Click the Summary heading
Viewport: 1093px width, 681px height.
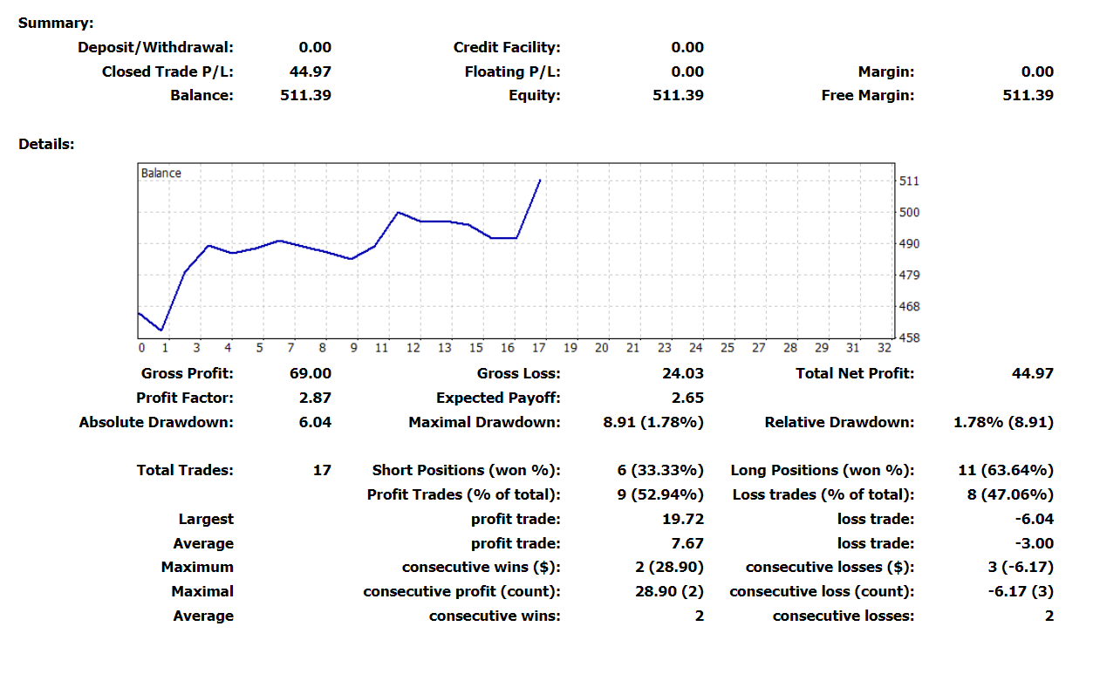(56, 24)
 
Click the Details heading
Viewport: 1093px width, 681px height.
(46, 145)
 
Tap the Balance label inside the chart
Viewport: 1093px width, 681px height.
(161, 174)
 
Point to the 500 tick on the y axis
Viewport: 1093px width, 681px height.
(909, 213)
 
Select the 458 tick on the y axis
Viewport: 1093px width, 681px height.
(909, 338)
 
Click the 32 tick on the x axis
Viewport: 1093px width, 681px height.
(884, 349)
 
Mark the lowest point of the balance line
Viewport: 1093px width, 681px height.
(161, 330)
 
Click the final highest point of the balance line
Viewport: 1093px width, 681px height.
(541, 180)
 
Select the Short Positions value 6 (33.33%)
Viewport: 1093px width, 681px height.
(659, 471)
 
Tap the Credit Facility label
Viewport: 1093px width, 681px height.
(507, 48)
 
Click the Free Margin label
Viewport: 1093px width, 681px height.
(867, 96)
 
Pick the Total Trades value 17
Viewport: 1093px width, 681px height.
(322, 471)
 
